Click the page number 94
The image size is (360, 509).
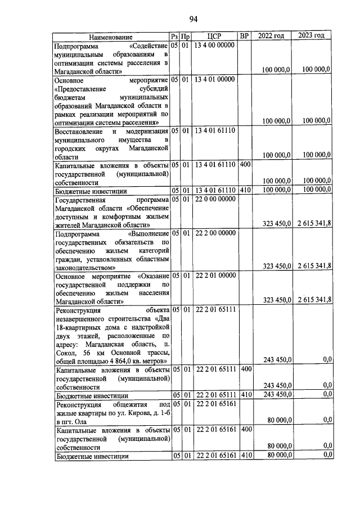193,19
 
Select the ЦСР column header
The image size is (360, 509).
214,37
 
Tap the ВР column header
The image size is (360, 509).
244,37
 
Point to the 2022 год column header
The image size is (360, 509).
271,37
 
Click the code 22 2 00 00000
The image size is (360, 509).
214,232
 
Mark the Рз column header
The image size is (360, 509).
174,37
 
